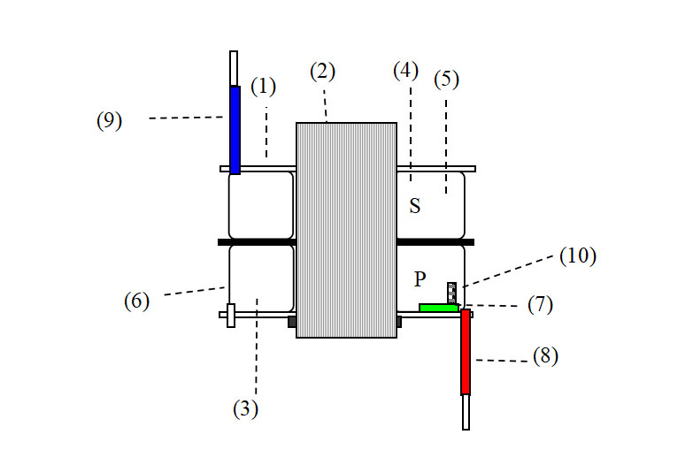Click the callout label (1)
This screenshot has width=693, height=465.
263,87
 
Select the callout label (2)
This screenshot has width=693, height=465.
323,72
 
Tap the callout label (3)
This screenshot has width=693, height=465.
245,409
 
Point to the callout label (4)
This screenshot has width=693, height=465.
405,72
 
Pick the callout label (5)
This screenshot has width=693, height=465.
447,80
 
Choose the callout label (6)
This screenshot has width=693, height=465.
136,301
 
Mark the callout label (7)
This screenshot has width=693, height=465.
540,305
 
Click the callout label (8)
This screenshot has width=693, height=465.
545,356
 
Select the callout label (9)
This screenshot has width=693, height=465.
109,120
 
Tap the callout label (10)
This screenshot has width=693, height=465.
579,256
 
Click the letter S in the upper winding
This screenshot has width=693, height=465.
414,207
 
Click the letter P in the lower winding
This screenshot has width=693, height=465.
420,279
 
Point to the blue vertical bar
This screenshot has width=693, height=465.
235,129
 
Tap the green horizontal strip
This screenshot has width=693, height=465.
439,308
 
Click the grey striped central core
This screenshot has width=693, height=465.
346,230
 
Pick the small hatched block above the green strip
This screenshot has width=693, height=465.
452,293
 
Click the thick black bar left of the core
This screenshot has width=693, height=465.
257,241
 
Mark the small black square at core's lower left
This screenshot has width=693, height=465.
292,322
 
